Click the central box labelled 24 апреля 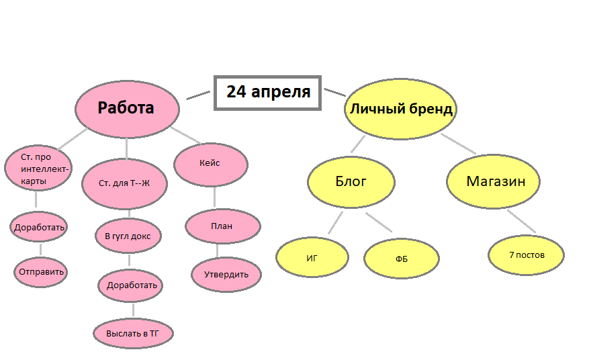point(268,92)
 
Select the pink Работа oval point(127,108)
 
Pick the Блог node point(351,181)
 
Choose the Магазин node point(494,181)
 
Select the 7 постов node point(527,255)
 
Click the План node point(222,226)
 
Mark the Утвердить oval point(226,274)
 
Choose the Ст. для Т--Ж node point(124,183)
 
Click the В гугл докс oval point(128,236)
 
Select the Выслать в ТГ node point(132,333)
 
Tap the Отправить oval point(40,272)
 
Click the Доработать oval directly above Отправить point(40,227)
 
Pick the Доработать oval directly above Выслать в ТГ point(132,285)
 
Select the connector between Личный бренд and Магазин point(459,144)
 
